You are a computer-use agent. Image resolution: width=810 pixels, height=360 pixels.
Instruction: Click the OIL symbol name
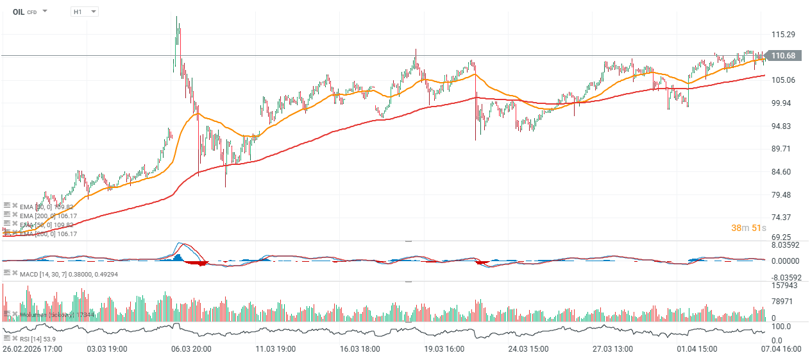(18, 12)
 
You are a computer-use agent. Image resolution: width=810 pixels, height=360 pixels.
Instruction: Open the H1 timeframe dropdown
(85, 12)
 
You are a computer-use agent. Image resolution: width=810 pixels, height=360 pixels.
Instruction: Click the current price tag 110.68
(783, 56)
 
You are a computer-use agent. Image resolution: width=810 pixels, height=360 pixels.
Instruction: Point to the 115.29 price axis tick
(783, 34)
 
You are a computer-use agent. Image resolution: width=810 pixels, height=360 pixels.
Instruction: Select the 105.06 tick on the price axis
(783, 80)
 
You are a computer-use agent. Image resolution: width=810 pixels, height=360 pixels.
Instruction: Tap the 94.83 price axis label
(783, 126)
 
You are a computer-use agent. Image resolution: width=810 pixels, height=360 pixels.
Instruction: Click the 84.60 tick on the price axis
(783, 172)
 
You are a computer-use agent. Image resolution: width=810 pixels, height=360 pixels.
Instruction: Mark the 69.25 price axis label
(783, 237)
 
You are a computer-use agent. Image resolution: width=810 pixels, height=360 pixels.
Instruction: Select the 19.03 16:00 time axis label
(443, 349)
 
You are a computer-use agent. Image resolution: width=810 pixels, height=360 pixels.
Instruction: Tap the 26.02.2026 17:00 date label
(32, 349)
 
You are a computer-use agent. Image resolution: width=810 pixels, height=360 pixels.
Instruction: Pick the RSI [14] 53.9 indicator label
(38, 338)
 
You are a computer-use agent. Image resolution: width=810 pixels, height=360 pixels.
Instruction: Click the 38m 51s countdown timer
(749, 228)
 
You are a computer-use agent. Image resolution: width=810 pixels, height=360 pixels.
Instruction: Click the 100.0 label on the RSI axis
(782, 327)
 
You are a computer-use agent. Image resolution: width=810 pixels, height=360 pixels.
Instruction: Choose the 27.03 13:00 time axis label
(612, 349)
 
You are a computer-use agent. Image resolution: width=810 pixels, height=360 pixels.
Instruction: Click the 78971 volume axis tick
(783, 301)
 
